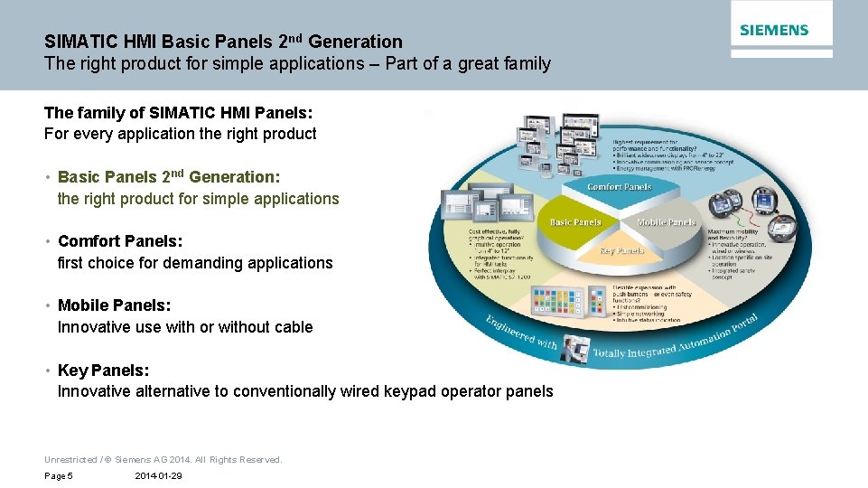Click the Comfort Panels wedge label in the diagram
[x=619, y=187]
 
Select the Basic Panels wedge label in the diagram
[x=575, y=221]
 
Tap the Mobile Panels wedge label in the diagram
[x=666, y=221]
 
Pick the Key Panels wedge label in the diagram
[x=621, y=250]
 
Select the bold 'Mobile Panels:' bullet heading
[x=114, y=305]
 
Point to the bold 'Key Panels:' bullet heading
[x=103, y=370]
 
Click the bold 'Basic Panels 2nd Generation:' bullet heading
[x=169, y=177]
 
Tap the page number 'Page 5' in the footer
[x=59, y=476]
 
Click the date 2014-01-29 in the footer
[x=158, y=476]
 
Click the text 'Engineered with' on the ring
[x=521, y=333]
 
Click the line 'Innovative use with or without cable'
[x=185, y=327]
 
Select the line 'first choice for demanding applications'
[x=195, y=263]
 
